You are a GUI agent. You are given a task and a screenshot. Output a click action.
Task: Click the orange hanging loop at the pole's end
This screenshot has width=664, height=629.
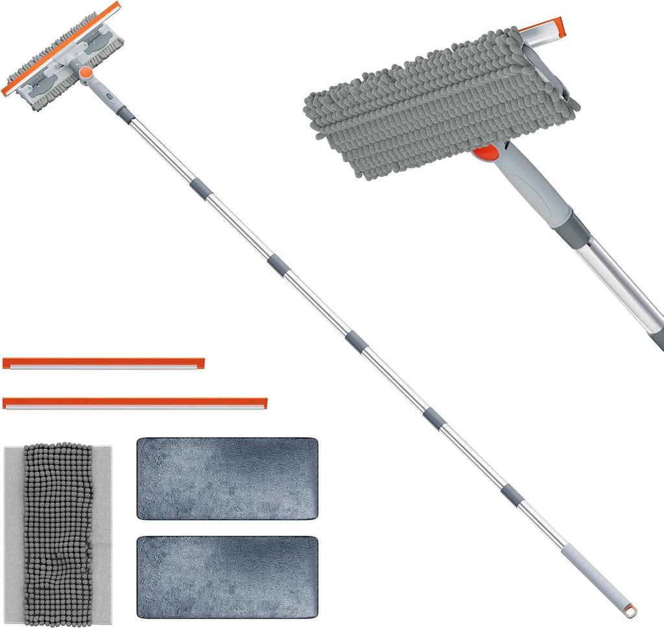point(628,610)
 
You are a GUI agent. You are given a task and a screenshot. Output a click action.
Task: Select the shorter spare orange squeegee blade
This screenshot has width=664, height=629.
point(104,363)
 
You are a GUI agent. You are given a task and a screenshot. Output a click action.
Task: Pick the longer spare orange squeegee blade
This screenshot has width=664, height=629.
point(135,403)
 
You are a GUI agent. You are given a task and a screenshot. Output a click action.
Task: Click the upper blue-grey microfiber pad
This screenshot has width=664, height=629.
point(227,478)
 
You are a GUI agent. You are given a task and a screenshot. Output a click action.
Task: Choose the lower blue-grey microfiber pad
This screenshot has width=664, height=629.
point(227,576)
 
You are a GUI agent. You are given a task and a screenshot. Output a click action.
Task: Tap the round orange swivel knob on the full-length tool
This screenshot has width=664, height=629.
point(85,73)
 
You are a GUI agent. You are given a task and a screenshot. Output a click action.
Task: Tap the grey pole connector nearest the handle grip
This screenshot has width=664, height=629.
point(512,494)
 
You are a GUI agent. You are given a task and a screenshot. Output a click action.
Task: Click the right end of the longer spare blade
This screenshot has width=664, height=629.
point(263,403)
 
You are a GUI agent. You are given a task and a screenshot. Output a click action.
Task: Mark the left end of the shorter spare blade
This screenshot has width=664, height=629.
point(6,363)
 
